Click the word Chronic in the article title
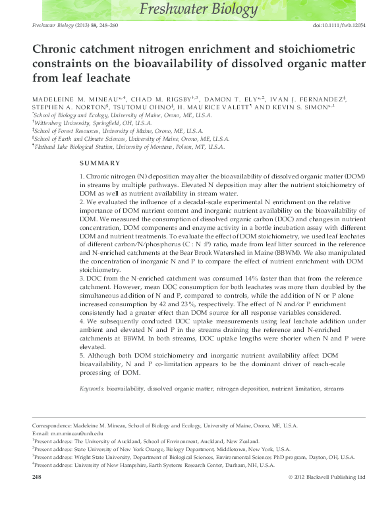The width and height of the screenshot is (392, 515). pyautogui.click(x=58, y=49)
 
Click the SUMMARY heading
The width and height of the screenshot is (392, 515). pyautogui.click(x=99, y=163)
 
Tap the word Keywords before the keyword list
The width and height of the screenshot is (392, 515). pyautogui.click(x=92, y=389)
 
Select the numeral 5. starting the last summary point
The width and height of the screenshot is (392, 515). pyautogui.click(x=82, y=356)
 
